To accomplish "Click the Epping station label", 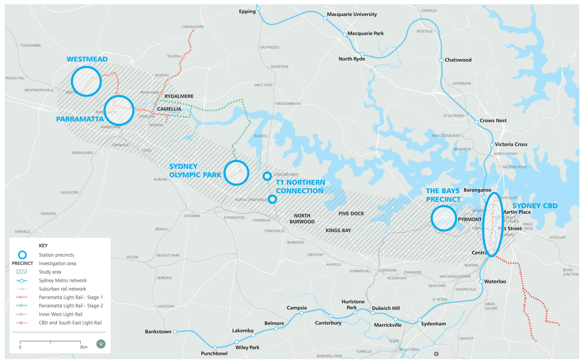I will click(247, 11).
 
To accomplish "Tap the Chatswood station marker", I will click(441, 60).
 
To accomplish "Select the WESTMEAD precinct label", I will click(87, 59).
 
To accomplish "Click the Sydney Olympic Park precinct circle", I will click(236, 173).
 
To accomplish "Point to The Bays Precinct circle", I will click(443, 218).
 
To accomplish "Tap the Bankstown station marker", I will click(175, 332).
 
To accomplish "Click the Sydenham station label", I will click(433, 324).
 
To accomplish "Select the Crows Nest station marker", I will click(477, 122).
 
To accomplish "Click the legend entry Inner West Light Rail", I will click(60, 314).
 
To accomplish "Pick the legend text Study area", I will click(50, 272).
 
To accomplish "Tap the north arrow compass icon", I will click(101, 344).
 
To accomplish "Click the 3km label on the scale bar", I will click(83, 347).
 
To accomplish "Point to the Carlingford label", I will click(193, 27).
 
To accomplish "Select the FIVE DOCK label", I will click(351, 213).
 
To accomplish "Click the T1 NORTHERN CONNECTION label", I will click(300, 187).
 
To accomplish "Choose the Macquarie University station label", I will click(352, 14).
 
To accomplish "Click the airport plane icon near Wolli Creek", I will click(436, 354).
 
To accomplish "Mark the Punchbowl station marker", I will click(215, 347).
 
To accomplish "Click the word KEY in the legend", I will click(43, 246).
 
